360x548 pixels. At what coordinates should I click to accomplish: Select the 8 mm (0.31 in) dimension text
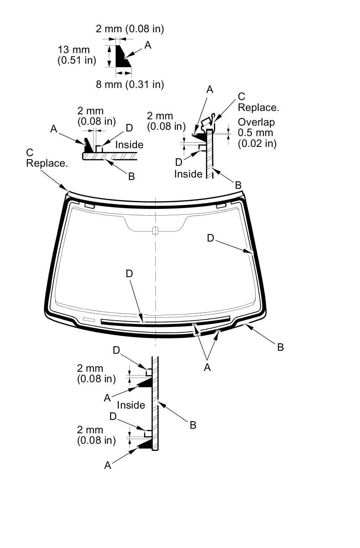(130, 84)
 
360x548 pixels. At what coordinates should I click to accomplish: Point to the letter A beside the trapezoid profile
(148, 45)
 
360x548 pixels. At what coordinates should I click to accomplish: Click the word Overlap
(256, 122)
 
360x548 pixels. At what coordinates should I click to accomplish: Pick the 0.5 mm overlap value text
(255, 133)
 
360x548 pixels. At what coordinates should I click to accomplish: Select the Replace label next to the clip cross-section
(258, 107)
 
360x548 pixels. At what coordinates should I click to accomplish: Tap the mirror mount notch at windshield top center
(155, 230)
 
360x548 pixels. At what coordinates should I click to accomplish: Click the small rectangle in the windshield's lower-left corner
(89, 319)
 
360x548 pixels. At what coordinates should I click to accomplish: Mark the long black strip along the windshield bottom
(165, 322)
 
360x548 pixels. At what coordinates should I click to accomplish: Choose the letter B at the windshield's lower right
(280, 347)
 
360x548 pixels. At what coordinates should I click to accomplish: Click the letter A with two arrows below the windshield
(207, 367)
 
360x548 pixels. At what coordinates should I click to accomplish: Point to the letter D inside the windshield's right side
(211, 238)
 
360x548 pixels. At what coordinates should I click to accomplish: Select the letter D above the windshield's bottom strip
(129, 273)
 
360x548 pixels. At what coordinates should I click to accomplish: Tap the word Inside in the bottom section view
(131, 405)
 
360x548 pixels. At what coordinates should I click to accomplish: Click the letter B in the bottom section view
(193, 425)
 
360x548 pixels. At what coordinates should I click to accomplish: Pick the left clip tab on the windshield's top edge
(89, 206)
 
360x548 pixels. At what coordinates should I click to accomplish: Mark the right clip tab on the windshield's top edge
(221, 206)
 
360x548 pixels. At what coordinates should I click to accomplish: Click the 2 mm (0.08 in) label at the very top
(130, 29)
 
